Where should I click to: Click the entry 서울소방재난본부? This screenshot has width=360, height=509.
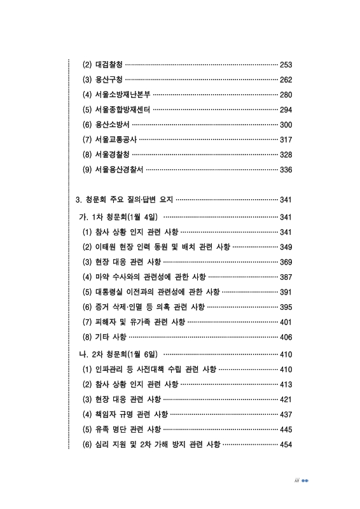click(118, 95)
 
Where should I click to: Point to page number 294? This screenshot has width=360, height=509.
click(286, 109)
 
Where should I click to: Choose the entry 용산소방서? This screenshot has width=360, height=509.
click(106, 125)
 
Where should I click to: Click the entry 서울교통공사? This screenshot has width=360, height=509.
click(110, 139)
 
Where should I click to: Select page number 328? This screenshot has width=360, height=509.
click(286, 155)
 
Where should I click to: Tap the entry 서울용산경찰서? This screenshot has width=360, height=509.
click(114, 170)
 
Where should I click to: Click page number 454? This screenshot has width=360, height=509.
click(286, 444)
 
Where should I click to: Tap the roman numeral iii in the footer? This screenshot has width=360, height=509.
click(296, 481)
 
